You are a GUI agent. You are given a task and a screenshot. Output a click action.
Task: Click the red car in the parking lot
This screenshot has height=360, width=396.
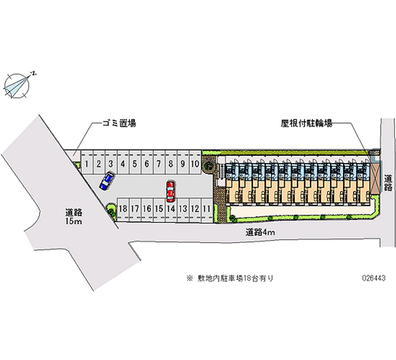[170, 191]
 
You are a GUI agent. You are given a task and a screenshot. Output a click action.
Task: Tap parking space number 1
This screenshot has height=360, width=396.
[87, 163]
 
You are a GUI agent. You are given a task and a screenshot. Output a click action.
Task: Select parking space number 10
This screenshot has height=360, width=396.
[195, 163]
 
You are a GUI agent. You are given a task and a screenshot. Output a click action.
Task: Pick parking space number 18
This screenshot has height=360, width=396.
[123, 209]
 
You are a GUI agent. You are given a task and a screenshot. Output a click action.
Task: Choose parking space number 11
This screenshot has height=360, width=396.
[207, 209]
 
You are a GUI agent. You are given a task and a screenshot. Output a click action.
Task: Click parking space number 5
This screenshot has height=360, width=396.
[135, 163]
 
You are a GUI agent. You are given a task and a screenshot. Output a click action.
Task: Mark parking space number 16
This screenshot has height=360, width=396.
[147, 209]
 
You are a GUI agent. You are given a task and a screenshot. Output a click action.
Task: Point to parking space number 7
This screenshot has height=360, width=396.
[158, 163]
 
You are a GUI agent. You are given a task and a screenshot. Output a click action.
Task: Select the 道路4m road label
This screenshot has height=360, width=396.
[260, 231]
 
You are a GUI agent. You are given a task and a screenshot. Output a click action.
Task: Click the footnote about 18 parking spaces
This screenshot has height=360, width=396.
[230, 278]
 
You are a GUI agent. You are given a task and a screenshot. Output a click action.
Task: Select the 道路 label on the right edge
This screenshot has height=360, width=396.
[388, 183]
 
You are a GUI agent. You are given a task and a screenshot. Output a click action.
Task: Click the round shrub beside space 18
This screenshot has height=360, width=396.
[111, 210]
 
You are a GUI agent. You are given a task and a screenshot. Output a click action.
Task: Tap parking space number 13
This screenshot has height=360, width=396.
[183, 209]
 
